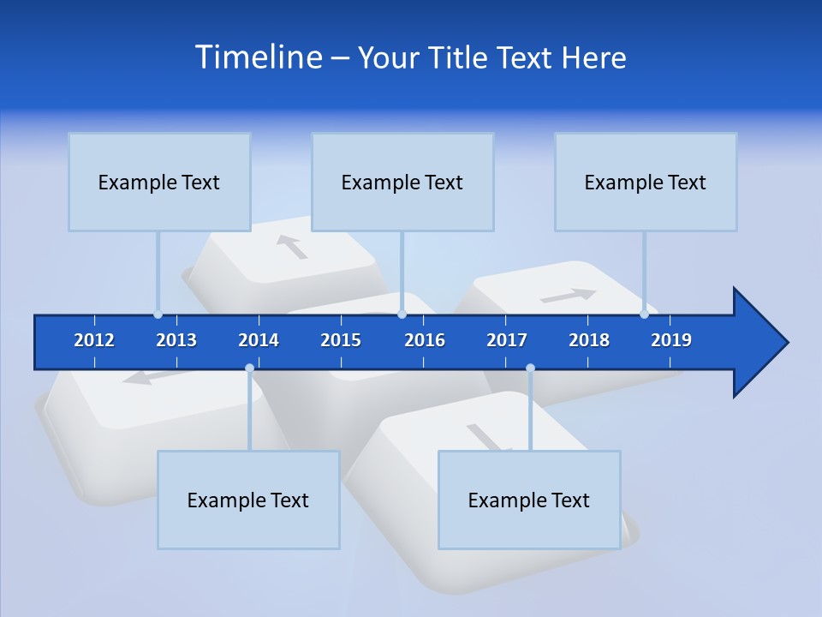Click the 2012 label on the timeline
pyautogui.click(x=94, y=340)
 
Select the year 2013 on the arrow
pyautogui.click(x=176, y=340)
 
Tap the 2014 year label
pyautogui.click(x=259, y=340)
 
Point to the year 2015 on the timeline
pyautogui.click(x=341, y=340)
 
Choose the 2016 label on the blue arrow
pyautogui.click(x=425, y=340)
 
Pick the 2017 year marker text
pyautogui.click(x=507, y=340)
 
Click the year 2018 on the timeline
pyautogui.click(x=589, y=340)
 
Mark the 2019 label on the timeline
pyautogui.click(x=671, y=340)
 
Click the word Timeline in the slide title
pyautogui.click(x=256, y=57)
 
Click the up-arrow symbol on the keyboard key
pyautogui.click(x=292, y=247)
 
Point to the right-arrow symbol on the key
pyautogui.click(x=569, y=296)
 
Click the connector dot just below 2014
pyautogui.click(x=249, y=368)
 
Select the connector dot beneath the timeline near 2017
pyautogui.click(x=530, y=368)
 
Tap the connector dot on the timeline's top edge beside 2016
pyautogui.click(x=402, y=314)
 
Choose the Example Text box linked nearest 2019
pyautogui.click(x=646, y=182)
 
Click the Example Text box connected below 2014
pyautogui.click(x=248, y=500)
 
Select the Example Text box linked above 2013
pyautogui.click(x=159, y=182)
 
